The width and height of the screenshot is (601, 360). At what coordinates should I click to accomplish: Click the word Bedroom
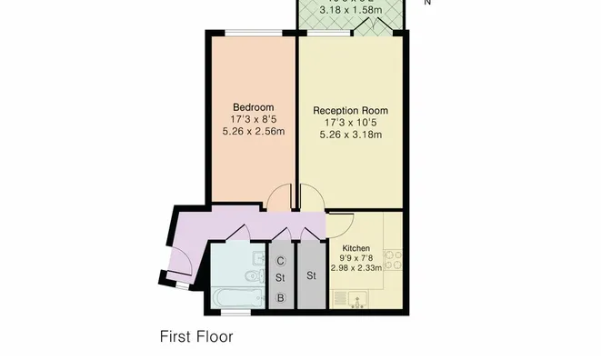252,105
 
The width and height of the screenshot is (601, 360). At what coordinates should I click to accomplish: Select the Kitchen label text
356,247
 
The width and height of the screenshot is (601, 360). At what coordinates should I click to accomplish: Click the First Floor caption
196,336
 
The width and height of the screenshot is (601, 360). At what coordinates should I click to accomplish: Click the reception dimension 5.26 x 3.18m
350,135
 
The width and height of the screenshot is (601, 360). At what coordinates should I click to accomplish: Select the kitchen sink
355,299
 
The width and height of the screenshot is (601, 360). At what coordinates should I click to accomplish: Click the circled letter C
282,261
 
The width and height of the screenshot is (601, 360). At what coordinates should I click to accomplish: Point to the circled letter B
282,297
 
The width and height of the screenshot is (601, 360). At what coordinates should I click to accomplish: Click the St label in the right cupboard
311,275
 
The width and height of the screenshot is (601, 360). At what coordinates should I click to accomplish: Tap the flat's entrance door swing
179,264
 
